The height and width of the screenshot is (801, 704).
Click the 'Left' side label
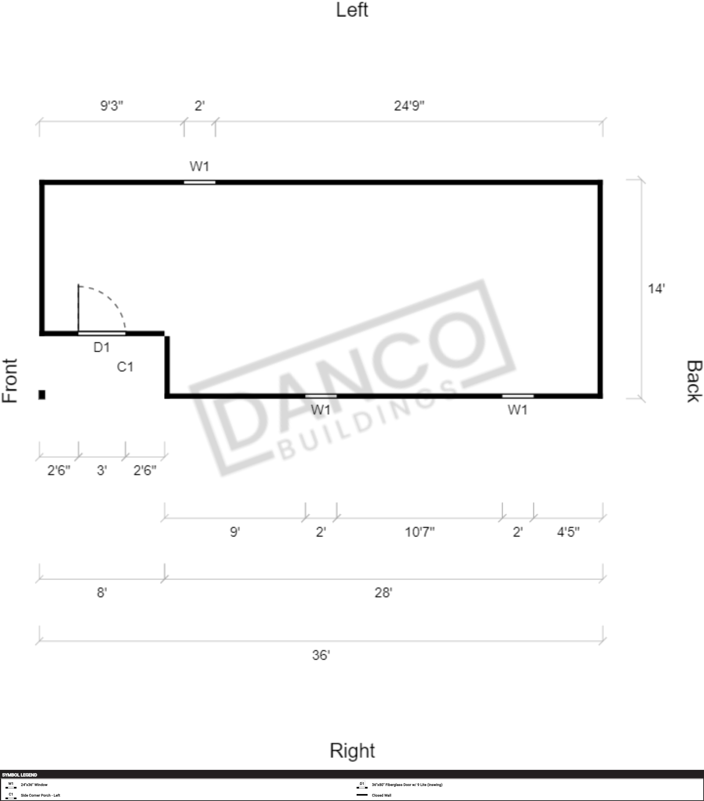point(352,10)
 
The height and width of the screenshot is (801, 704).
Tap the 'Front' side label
point(10,380)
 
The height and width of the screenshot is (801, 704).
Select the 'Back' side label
point(694,381)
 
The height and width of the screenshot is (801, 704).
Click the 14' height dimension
point(656,289)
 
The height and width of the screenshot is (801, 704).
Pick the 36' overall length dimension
point(321,655)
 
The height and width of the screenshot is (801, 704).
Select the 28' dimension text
point(383,592)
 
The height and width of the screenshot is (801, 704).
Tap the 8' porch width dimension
point(102,592)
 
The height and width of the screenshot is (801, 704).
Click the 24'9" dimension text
point(409,106)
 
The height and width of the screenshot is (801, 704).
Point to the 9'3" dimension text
point(112,106)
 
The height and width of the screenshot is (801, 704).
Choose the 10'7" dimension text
point(420,532)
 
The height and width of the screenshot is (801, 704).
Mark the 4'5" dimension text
point(568,532)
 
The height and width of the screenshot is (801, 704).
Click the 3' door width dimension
point(102,470)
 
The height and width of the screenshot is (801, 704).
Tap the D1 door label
point(102,347)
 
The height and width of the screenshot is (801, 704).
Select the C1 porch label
point(125,367)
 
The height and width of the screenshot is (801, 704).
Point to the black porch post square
point(42,394)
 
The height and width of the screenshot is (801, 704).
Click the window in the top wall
point(200,182)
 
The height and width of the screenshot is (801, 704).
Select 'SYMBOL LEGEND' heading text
point(19,775)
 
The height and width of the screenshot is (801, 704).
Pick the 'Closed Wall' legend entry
point(381,795)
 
